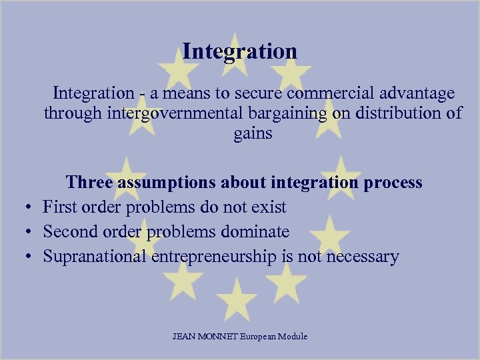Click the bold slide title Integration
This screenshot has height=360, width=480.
coord(240,51)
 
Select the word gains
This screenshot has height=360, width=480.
coord(253,133)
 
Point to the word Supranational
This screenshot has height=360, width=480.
coord(93,257)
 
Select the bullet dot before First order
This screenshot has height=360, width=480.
coord(30,208)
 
